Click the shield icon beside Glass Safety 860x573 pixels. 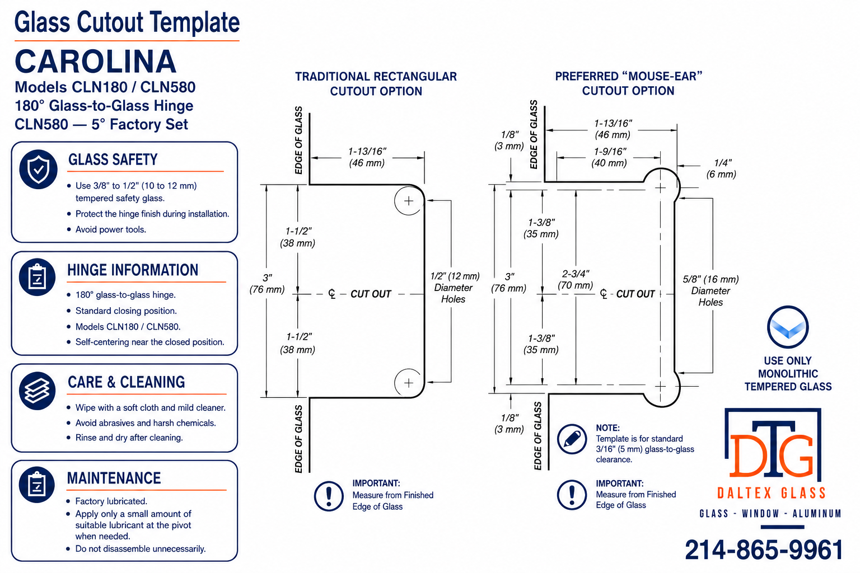click(39, 169)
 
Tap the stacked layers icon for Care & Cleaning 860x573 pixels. click(38, 391)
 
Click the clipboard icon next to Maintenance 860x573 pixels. click(37, 485)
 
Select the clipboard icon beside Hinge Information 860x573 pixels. click(38, 277)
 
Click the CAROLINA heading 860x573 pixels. click(96, 62)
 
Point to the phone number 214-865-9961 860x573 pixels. click(764, 549)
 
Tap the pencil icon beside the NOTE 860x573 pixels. click(572, 439)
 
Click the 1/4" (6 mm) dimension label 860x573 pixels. click(721, 168)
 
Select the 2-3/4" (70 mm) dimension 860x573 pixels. click(575, 279)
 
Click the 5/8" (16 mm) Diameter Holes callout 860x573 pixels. click(711, 290)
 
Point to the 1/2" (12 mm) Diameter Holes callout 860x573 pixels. click(455, 288)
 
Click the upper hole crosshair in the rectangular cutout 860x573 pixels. click(409, 201)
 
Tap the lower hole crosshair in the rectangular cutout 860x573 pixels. click(409, 383)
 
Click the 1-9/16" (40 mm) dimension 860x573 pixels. click(609, 157)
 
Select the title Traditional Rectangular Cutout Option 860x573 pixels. click(376, 84)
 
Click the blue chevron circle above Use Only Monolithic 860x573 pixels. click(788, 327)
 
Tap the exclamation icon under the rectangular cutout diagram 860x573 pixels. click(329, 496)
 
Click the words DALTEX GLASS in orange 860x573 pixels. click(772, 493)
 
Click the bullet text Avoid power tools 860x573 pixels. click(110, 229)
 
